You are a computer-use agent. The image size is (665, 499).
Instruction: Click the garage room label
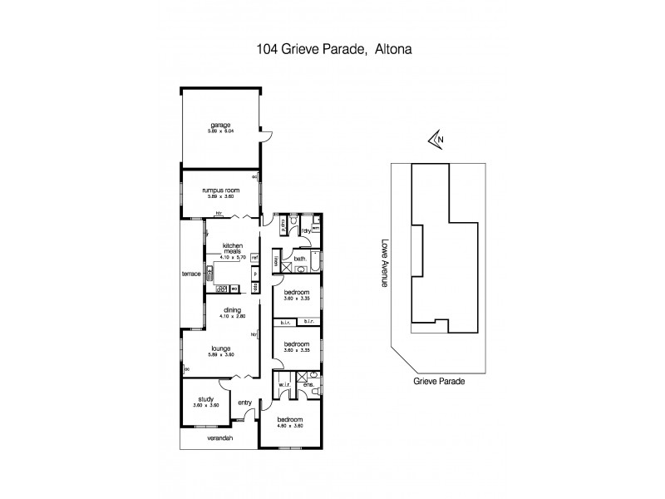219,125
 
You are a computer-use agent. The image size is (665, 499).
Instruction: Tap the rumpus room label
220,190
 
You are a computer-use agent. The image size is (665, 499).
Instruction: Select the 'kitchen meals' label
231,248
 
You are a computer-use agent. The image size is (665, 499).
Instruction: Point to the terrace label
192,274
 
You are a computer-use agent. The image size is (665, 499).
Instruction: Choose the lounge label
219,348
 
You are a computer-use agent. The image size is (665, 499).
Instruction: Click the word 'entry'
244,403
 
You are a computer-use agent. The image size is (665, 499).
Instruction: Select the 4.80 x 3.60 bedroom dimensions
290,425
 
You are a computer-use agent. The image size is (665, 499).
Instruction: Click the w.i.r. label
284,387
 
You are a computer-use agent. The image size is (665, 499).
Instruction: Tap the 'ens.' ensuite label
307,385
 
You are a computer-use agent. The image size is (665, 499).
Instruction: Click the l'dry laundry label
306,230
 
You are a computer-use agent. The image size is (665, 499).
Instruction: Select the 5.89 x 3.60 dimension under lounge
219,355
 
